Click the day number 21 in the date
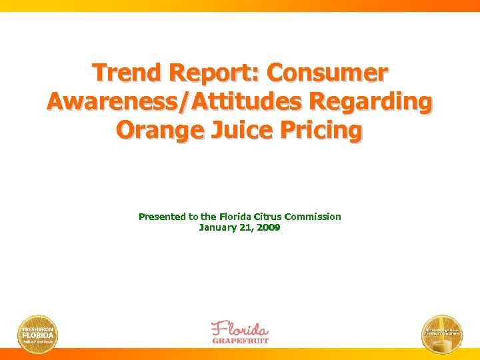tap(247, 227)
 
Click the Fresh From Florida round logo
tap(37, 333)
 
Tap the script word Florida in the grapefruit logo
tap(240, 329)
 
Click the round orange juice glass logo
tap(442, 333)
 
